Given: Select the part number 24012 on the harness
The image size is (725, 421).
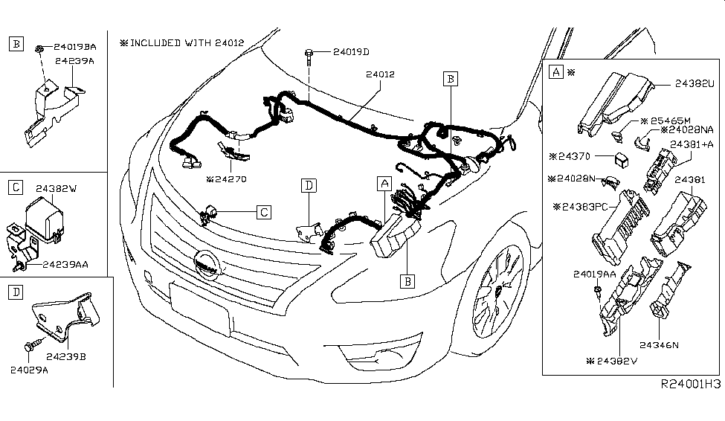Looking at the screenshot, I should point(379,74).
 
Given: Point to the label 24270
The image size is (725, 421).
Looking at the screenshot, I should point(228,179).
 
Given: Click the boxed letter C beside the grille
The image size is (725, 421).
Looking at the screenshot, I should point(263,213).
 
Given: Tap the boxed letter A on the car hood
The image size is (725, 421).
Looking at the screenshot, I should point(384,183).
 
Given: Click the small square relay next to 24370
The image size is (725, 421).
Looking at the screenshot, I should point(619,158).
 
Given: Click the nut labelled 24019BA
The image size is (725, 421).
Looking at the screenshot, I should point(36,48).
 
